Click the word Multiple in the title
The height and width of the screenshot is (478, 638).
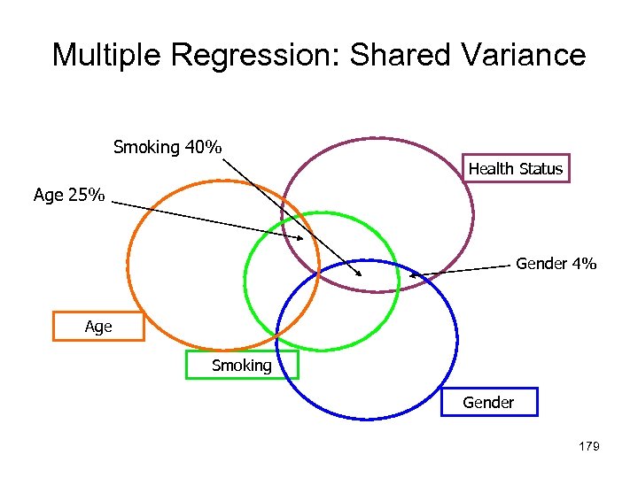click(107, 55)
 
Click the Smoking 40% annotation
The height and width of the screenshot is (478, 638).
click(167, 147)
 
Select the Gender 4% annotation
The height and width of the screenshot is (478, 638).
click(556, 264)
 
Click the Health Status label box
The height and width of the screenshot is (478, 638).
click(516, 168)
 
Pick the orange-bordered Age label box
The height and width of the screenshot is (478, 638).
click(98, 327)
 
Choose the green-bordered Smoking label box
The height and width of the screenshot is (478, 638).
click(242, 366)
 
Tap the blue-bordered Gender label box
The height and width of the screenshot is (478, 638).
click(488, 403)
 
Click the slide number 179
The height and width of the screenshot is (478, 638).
click(588, 446)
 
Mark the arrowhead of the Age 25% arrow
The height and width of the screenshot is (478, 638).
click(300, 237)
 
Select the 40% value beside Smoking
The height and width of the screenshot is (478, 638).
click(204, 147)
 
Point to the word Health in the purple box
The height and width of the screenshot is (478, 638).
click(491, 168)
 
